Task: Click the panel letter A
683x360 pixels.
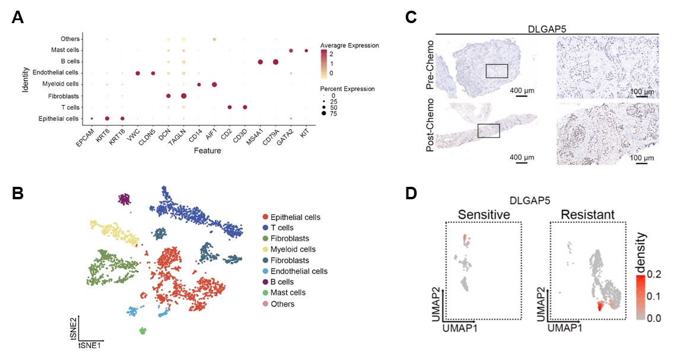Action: coord(18,17)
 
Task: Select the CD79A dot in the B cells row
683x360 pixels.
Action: coord(275,62)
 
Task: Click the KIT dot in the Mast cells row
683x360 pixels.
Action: coord(306,50)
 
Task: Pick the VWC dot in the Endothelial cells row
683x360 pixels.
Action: coord(138,73)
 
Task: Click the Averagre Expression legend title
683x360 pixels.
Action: coord(349,46)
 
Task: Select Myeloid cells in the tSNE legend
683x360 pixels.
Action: coord(289,249)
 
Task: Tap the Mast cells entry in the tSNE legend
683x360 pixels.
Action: coord(284,292)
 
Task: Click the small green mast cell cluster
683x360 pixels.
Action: coord(143,330)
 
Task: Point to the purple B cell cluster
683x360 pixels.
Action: coord(125,199)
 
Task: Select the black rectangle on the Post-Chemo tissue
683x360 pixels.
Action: coord(488,130)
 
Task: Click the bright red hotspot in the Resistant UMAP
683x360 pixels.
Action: coord(599,306)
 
